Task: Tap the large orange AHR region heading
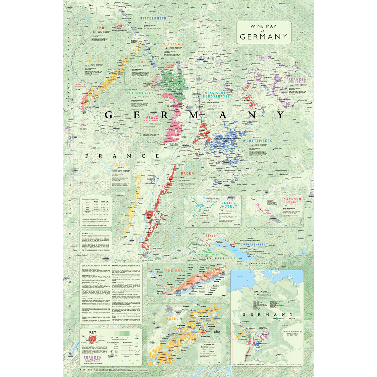click(x=100, y=28)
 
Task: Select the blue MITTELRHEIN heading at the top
click(x=152, y=19)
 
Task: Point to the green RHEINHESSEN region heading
click(x=140, y=93)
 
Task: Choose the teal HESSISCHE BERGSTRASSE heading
click(x=217, y=95)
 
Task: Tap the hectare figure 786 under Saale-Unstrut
click(x=221, y=211)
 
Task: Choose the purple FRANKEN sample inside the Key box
click(x=93, y=359)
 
